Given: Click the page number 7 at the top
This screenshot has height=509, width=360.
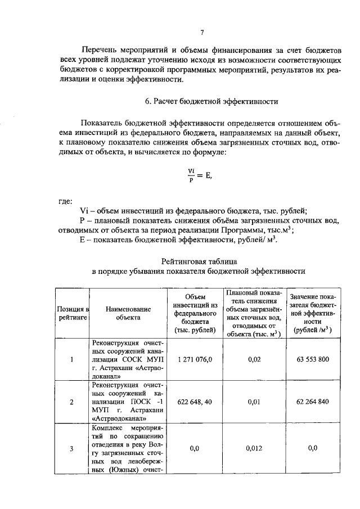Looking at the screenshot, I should tap(201, 33).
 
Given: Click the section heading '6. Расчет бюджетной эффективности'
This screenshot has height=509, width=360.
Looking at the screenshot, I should tap(201, 101).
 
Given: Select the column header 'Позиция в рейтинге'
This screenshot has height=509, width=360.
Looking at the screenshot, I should tap(72, 314).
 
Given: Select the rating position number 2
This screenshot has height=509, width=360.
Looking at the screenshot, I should tap(71, 402).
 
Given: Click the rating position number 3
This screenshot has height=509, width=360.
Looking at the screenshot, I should tap(71, 448).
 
